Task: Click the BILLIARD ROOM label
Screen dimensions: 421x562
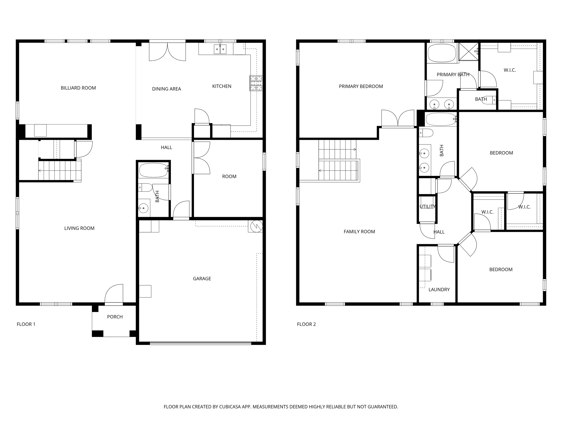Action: click(x=78, y=88)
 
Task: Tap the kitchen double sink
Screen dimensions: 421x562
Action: click(x=220, y=49)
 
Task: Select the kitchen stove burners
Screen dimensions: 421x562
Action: click(x=256, y=83)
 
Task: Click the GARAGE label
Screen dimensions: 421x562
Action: click(x=202, y=279)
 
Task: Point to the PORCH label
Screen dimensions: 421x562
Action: click(x=115, y=317)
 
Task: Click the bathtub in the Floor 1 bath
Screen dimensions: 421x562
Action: click(x=153, y=170)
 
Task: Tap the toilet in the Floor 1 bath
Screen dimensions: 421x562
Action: click(x=145, y=188)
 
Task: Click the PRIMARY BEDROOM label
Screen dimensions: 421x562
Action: click(x=361, y=86)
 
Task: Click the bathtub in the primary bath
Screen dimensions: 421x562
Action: click(x=442, y=53)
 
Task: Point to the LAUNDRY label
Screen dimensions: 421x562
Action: click(x=439, y=290)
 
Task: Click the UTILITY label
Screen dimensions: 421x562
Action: click(x=427, y=207)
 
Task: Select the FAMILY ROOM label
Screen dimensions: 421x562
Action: click(x=359, y=232)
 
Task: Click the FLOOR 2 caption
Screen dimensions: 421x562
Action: click(x=306, y=324)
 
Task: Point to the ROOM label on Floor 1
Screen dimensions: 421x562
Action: click(x=229, y=177)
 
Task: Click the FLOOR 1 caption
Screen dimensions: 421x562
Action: click(x=26, y=324)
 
